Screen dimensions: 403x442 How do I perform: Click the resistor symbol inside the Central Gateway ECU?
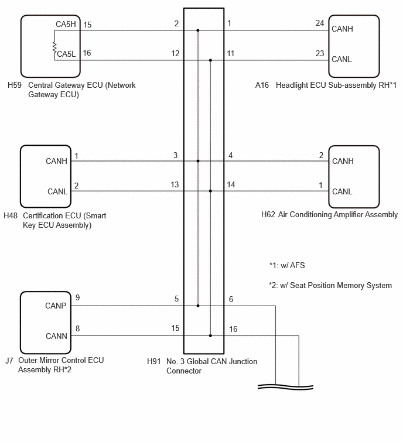click(54, 47)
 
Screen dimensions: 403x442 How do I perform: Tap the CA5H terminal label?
click(66, 24)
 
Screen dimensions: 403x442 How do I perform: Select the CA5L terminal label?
click(67, 54)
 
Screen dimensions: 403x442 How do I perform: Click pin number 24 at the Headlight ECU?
click(320, 23)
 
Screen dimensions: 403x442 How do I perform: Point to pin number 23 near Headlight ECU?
click(320, 53)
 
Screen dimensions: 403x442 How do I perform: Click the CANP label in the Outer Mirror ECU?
click(56, 306)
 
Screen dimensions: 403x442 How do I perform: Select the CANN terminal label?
click(56, 336)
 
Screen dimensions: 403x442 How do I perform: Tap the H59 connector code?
click(15, 85)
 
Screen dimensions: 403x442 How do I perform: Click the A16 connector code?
click(262, 85)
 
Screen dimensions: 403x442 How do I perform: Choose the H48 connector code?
click(11, 215)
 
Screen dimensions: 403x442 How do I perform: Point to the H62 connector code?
click(268, 214)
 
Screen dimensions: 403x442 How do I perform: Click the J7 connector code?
click(9, 361)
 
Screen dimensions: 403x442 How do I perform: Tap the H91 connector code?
click(153, 361)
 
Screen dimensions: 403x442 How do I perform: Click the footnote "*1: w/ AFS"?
click(287, 265)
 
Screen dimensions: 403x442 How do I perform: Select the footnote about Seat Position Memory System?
click(330, 285)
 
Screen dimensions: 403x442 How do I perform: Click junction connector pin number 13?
click(175, 184)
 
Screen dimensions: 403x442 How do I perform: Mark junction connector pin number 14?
click(231, 184)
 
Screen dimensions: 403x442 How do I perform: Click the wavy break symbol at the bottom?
click(285, 387)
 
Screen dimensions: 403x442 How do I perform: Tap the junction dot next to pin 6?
click(198, 306)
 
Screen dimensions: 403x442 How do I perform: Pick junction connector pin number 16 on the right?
click(233, 329)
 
